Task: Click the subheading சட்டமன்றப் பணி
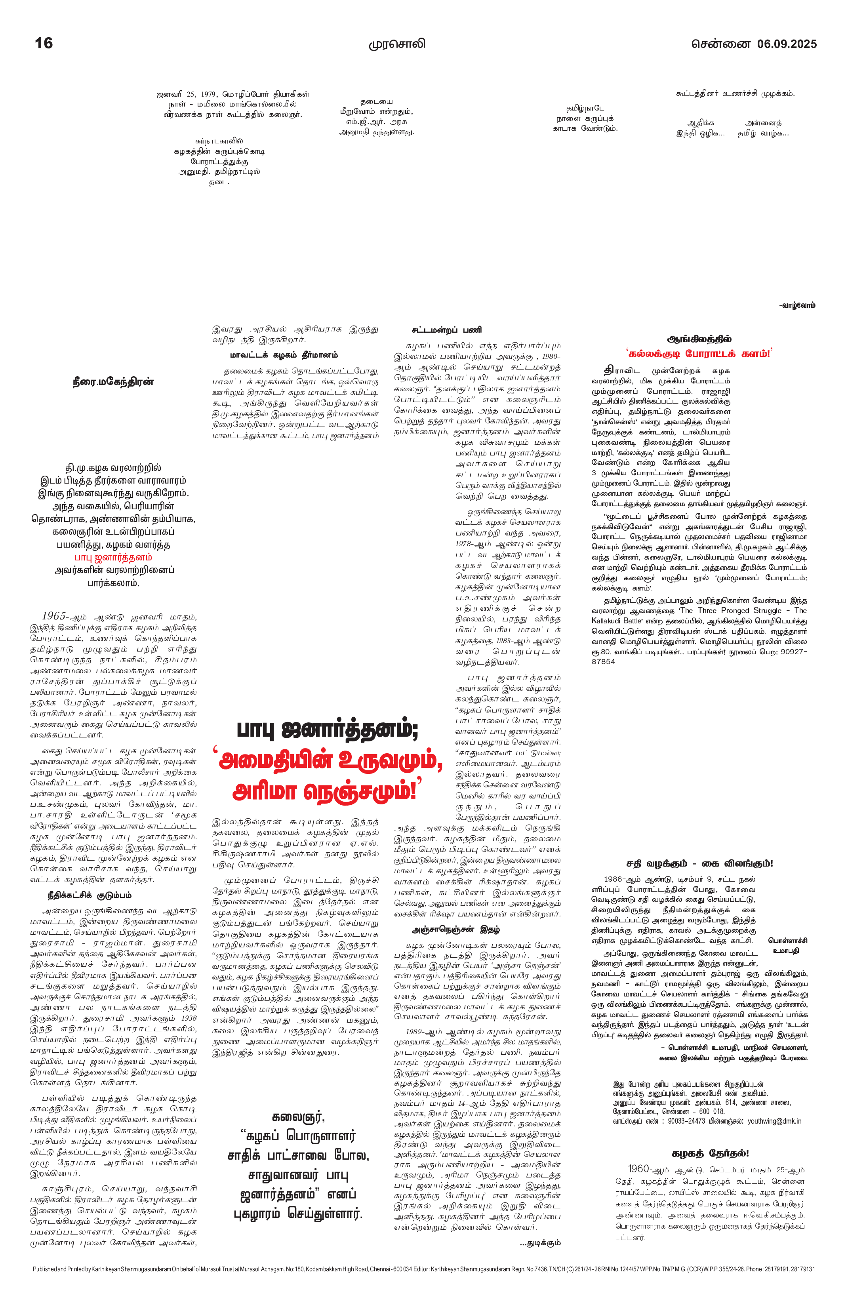[x=447, y=330]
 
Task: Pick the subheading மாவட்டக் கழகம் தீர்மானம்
[x=284, y=355]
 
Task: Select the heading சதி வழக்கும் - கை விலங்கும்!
[x=699, y=863]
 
